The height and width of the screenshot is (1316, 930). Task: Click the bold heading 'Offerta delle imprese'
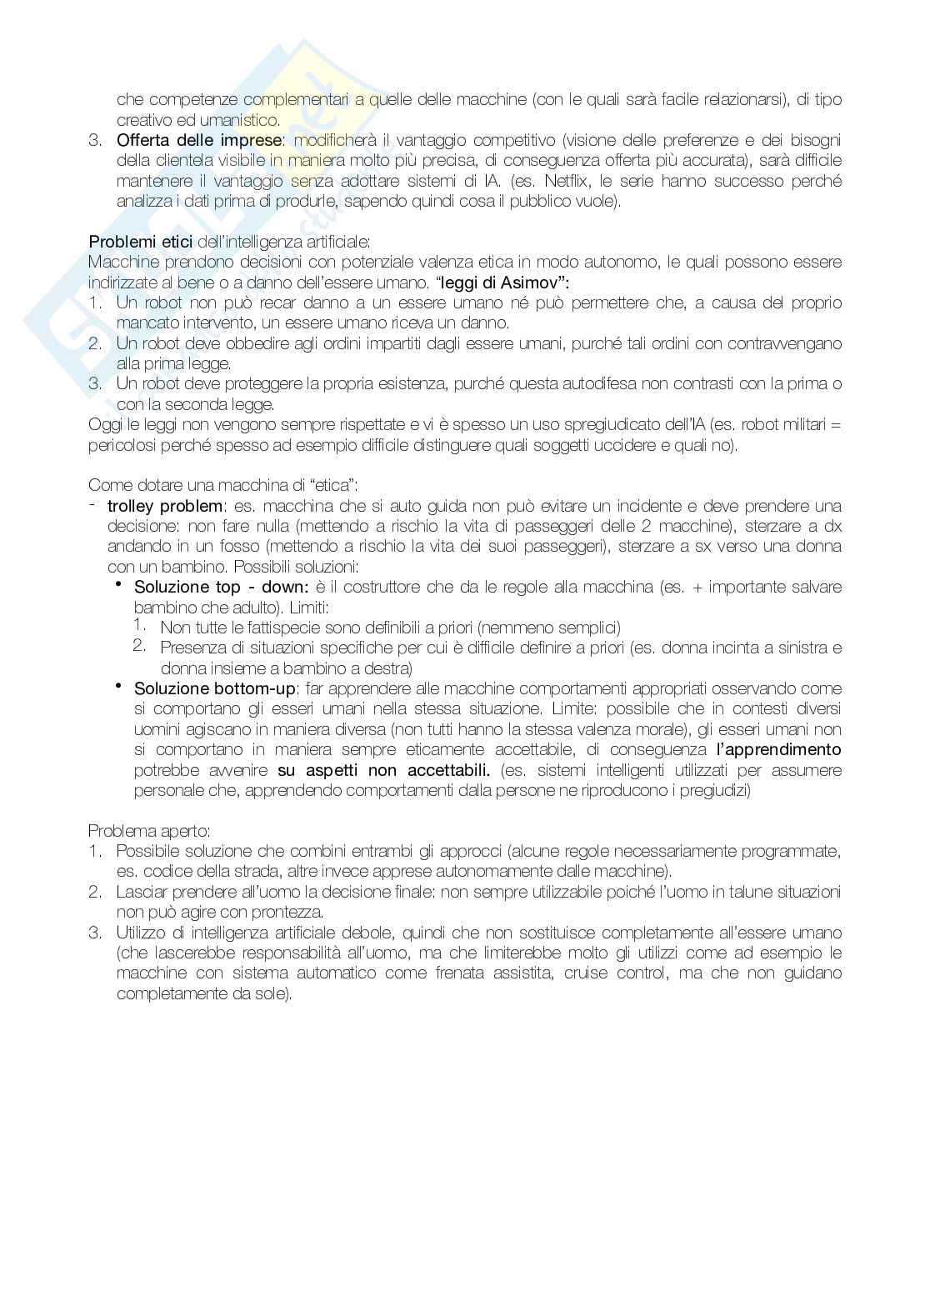click(x=199, y=140)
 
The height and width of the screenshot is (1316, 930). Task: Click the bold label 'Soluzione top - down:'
click(x=221, y=587)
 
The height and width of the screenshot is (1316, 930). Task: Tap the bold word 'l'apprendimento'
click(x=778, y=749)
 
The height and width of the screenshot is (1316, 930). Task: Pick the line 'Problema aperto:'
click(x=149, y=831)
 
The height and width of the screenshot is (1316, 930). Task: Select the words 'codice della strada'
click(x=212, y=872)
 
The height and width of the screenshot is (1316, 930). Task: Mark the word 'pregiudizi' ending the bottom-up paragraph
click(x=715, y=790)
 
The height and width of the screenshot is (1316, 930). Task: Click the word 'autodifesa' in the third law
click(x=603, y=384)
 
